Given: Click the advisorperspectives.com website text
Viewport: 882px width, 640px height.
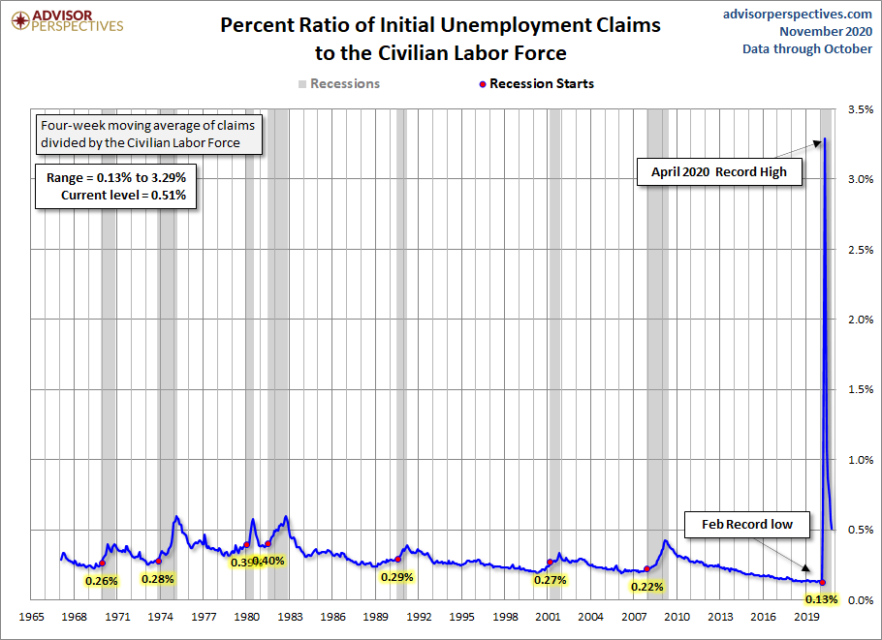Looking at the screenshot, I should [x=798, y=14].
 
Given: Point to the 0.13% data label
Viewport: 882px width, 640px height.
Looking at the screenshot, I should [x=821, y=599].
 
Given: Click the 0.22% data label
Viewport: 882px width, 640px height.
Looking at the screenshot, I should [x=646, y=586].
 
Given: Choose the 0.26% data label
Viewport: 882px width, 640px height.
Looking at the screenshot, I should [x=101, y=581].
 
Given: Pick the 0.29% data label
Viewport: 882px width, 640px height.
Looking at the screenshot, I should [x=397, y=577].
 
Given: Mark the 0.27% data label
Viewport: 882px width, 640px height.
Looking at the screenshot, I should [x=550, y=580].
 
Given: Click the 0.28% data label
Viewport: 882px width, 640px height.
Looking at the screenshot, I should [x=157, y=579].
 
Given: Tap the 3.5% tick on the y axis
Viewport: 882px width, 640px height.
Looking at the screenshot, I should [x=859, y=109].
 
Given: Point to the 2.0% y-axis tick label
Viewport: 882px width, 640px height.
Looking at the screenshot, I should [x=859, y=320].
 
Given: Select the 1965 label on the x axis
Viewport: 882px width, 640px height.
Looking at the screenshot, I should [x=32, y=617].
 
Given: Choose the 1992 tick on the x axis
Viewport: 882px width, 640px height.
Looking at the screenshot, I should [x=419, y=617].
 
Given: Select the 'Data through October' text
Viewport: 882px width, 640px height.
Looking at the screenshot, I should [x=807, y=49].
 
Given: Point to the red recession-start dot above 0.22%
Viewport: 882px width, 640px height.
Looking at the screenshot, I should [x=647, y=569].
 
